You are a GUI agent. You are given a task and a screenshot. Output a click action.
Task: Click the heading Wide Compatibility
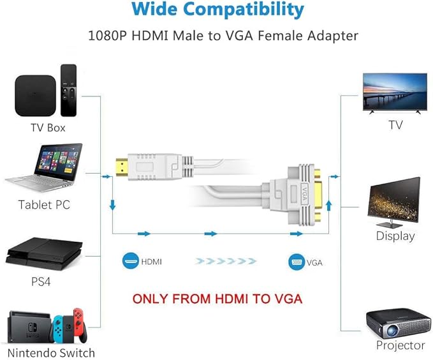point(216,10)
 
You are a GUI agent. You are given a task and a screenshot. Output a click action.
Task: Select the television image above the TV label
point(395,92)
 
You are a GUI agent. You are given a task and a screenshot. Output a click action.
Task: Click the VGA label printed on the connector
point(304,190)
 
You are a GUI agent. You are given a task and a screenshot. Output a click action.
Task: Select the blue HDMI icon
point(131,261)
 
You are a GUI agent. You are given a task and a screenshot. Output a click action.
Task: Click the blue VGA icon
point(297,261)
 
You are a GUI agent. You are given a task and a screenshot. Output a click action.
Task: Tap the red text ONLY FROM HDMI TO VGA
point(216,298)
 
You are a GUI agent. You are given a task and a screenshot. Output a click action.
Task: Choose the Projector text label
point(400,345)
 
